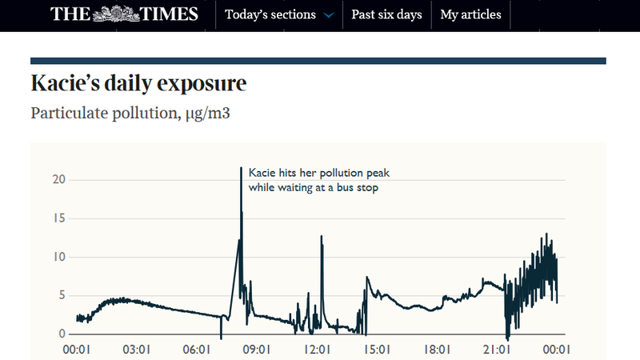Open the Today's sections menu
click(270, 15)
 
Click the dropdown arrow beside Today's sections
click(328, 15)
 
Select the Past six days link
click(386, 15)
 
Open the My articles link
click(471, 15)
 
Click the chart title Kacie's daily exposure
click(138, 83)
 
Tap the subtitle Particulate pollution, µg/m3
click(142, 113)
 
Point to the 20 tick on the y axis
click(57, 179)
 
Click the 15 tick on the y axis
click(57, 218)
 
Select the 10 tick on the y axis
click(57, 257)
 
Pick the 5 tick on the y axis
click(60, 295)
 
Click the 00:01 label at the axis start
click(78, 350)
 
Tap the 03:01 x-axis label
click(138, 350)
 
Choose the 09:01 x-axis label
click(258, 350)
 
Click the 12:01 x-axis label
click(318, 350)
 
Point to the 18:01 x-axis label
click(438, 350)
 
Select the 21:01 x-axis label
click(498, 350)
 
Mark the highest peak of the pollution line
click(242, 168)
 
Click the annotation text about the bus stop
click(318, 181)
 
